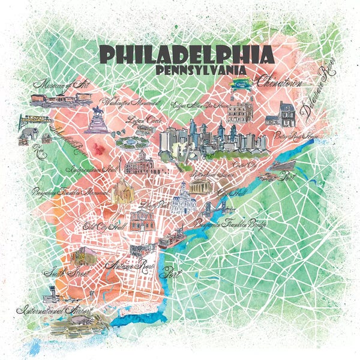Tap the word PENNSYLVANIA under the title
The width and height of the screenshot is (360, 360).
tap(200, 70)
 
